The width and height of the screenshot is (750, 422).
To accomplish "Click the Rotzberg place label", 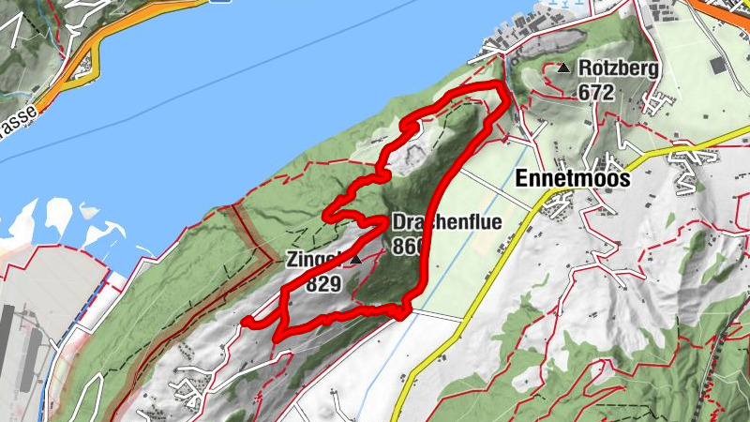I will point(620,68).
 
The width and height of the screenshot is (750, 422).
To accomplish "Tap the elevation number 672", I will point(596,92).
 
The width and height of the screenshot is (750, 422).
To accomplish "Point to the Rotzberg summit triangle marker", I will point(563,68).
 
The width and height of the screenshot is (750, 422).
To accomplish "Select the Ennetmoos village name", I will point(572,178).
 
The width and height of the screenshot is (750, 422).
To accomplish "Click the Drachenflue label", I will point(446,223).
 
